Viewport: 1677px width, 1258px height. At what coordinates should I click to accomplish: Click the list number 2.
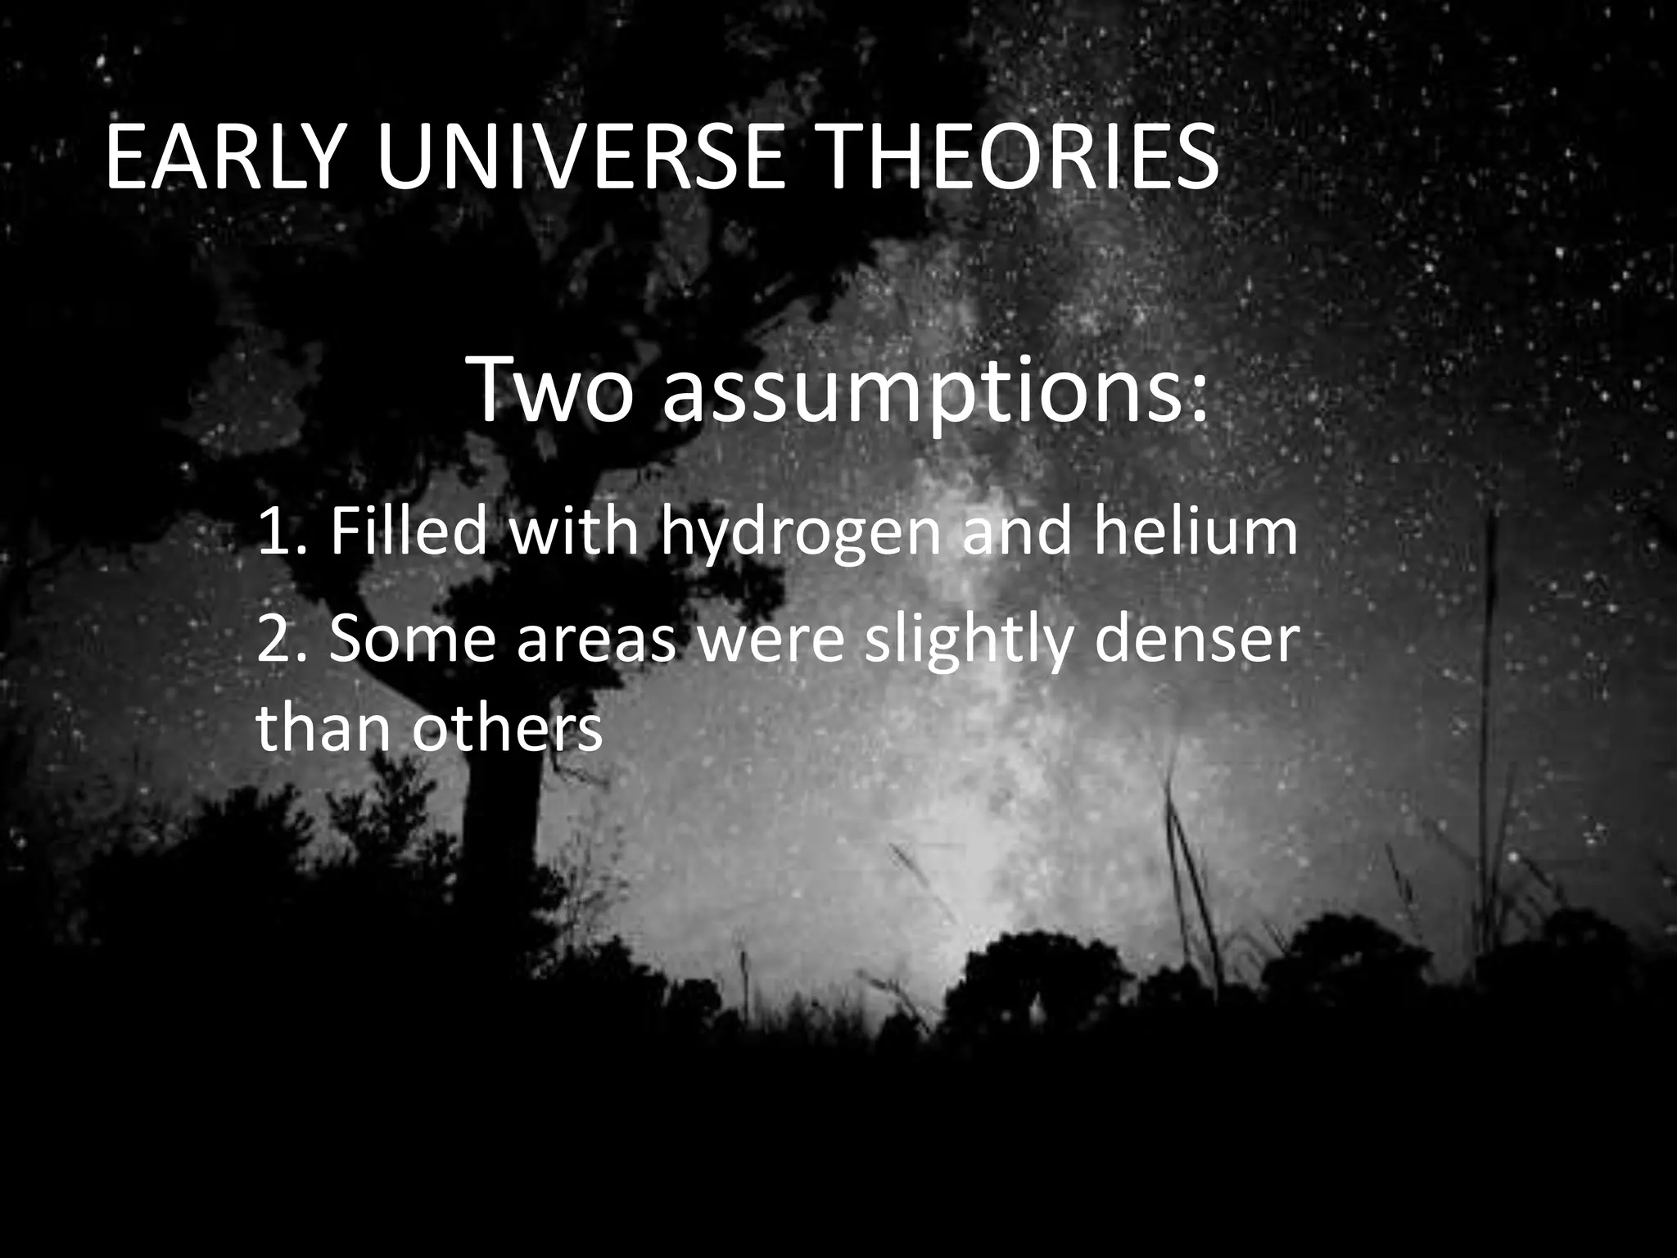pos(273,641)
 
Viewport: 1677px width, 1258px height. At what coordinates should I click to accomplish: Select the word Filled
pos(409,532)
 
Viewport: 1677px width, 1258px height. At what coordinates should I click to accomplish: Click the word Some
pos(413,641)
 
